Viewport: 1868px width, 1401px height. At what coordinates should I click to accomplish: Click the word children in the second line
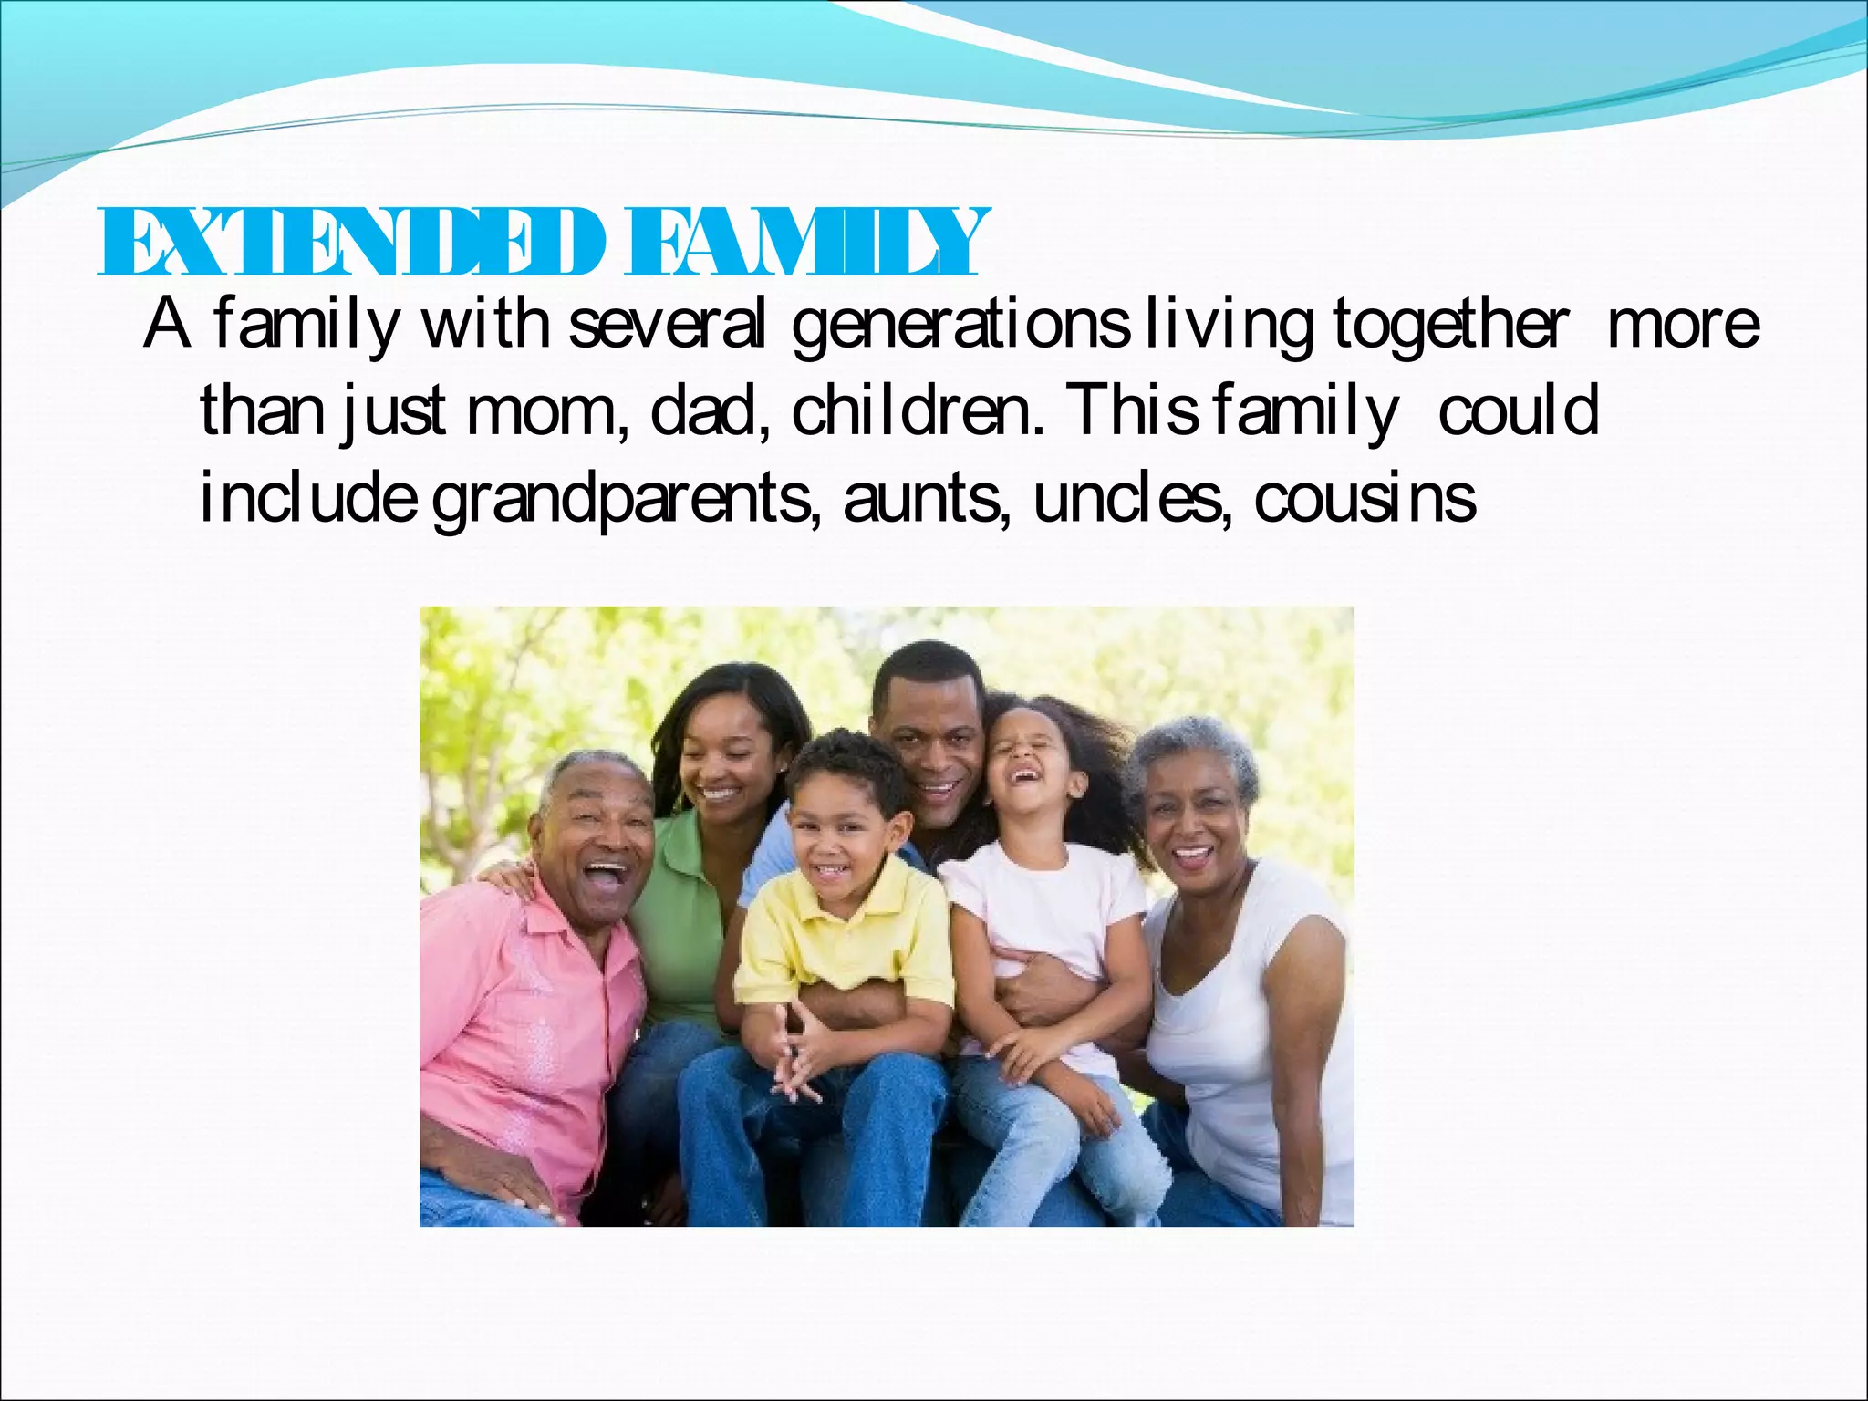coord(917,411)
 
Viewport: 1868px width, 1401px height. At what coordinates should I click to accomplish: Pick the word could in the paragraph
coord(1519,411)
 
